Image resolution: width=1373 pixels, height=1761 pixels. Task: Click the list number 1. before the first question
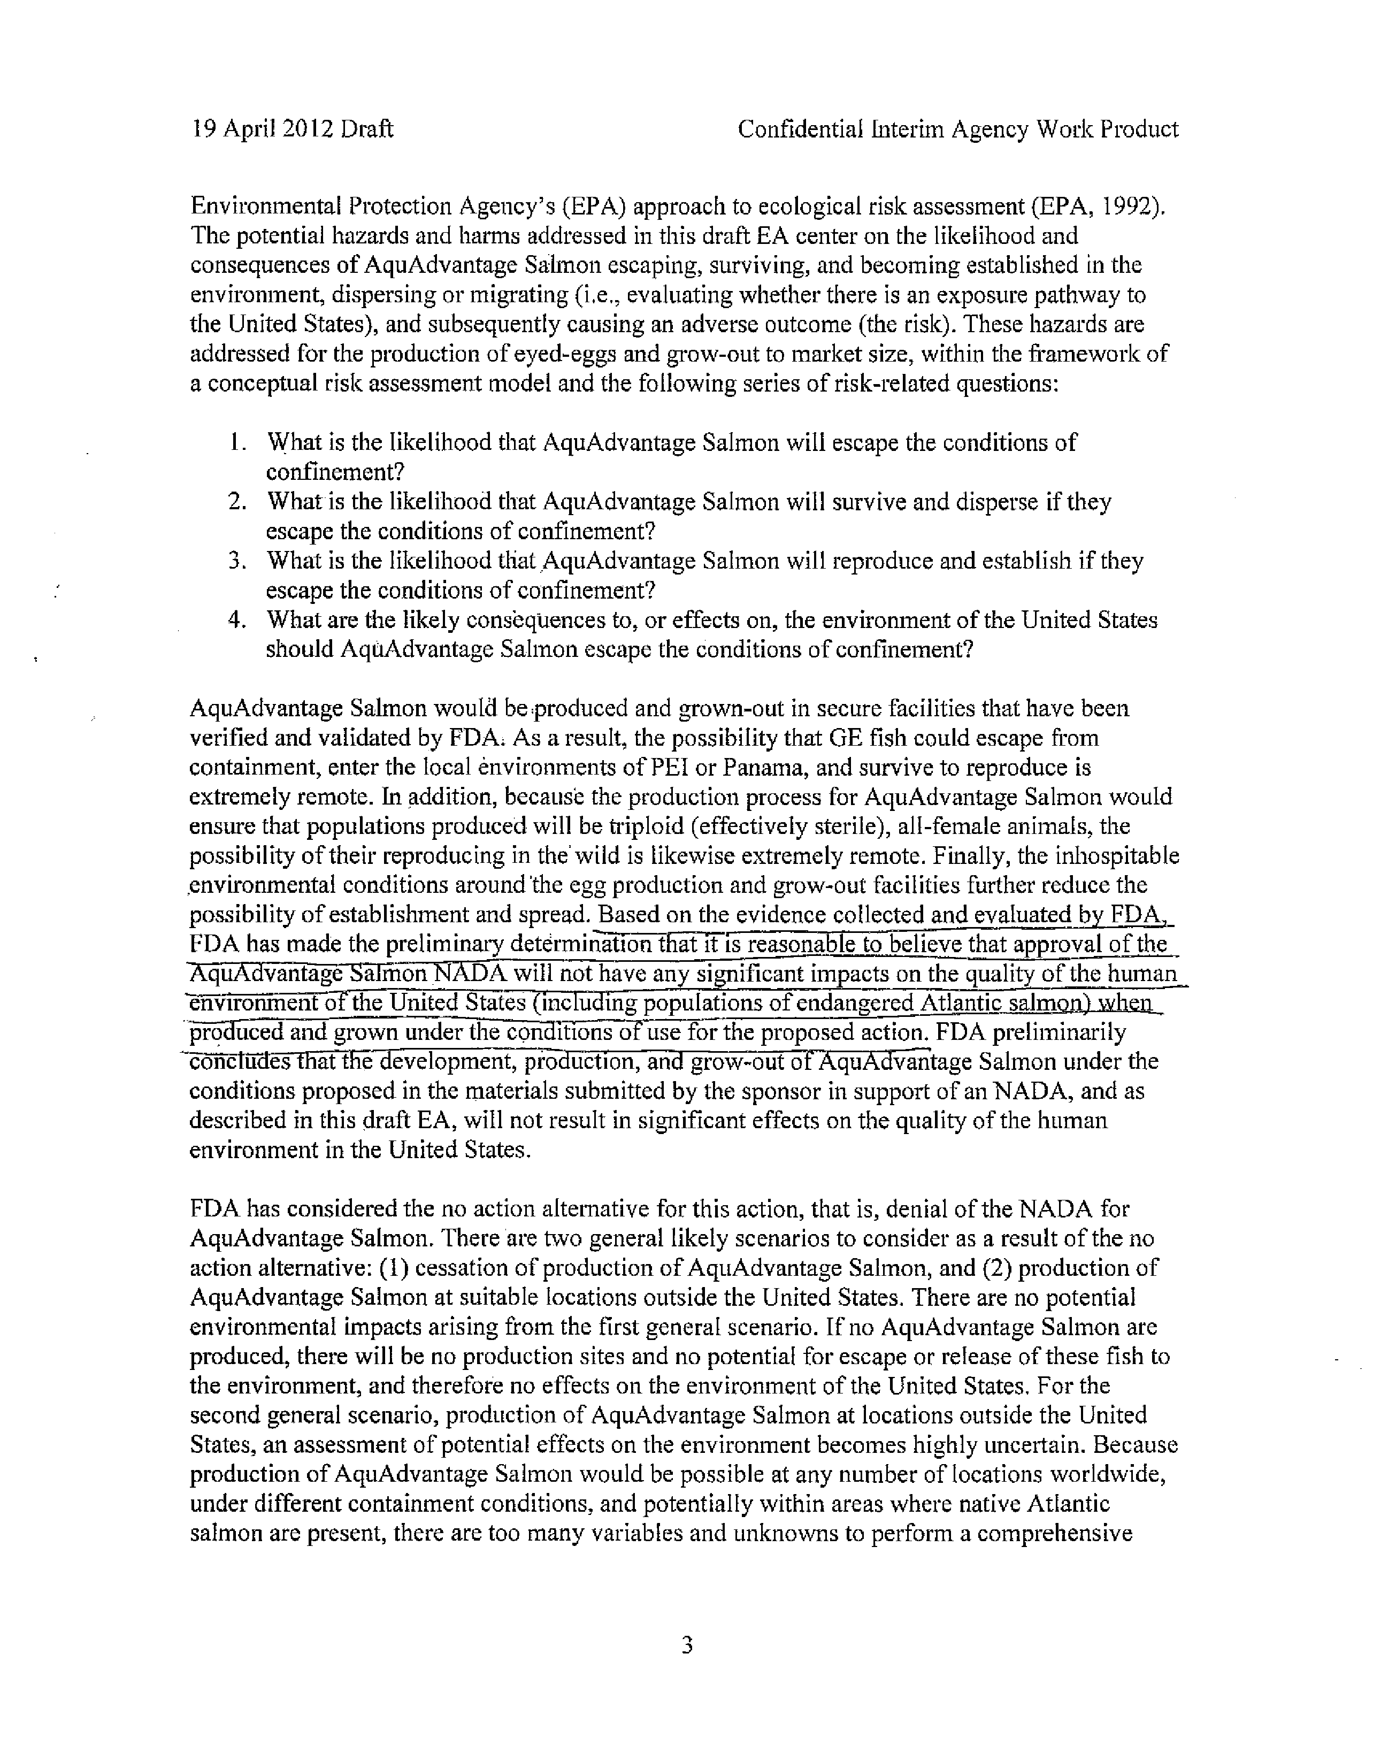click(x=235, y=443)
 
